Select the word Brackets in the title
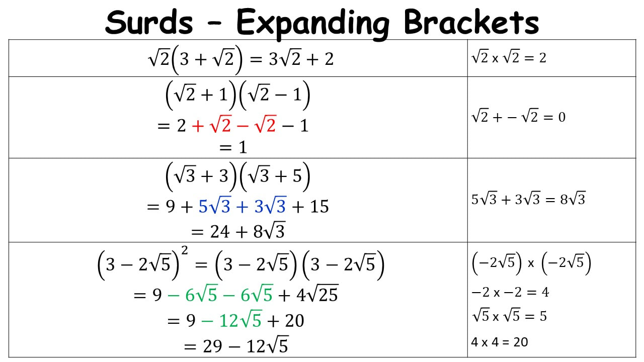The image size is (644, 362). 471,22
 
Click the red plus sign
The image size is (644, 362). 198,126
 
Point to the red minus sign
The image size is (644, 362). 243,126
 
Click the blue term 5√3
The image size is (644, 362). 215,206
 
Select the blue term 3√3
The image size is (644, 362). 270,206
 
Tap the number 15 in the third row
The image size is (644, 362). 319,207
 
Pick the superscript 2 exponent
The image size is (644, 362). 184,250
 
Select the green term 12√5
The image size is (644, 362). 240,319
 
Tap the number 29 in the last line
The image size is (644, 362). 212,346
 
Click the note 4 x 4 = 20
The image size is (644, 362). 500,342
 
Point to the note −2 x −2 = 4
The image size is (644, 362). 510,292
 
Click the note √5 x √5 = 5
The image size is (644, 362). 509,316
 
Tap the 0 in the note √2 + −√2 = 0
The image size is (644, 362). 562,117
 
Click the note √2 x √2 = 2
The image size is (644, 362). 509,57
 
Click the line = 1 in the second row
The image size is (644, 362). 233,147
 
